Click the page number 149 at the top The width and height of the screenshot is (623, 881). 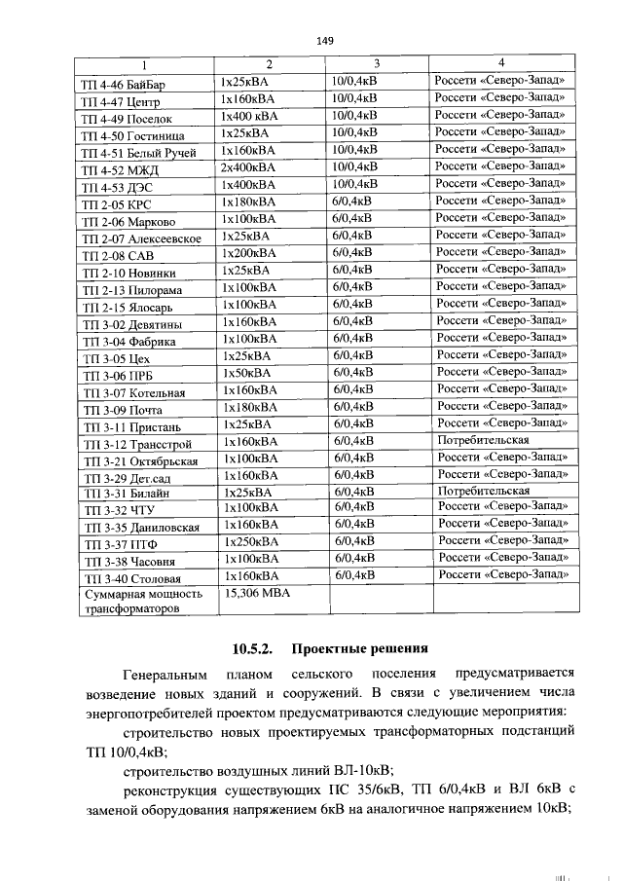[325, 40]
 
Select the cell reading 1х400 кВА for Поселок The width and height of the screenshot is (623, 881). [251, 116]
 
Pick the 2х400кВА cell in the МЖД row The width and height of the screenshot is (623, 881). [249, 167]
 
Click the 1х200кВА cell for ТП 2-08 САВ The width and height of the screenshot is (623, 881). [250, 252]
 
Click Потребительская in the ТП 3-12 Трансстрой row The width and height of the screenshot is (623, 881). [484, 440]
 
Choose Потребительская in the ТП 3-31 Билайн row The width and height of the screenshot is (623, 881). [484, 491]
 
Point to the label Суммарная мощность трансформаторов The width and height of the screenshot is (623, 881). [143, 600]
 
